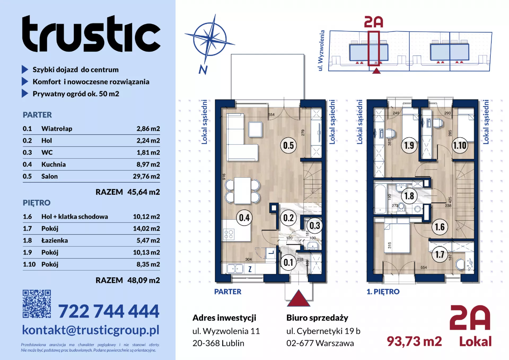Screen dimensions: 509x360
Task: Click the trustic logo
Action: click(91, 33)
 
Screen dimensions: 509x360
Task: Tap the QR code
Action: click(37, 304)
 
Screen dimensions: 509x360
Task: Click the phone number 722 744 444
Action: click(109, 311)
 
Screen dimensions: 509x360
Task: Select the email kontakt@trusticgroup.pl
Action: click(91, 330)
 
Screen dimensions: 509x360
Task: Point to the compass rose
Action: click(210, 40)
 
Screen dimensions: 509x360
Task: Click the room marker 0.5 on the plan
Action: click(288, 145)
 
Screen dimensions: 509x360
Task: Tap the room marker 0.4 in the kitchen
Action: click(244, 218)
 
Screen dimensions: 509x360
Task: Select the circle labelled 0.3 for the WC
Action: click(315, 226)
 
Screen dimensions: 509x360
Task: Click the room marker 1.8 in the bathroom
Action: click(409, 196)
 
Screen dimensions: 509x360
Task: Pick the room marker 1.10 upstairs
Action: click(460, 145)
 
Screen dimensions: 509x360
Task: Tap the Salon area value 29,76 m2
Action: click(146, 176)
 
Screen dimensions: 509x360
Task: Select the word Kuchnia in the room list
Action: click(54, 164)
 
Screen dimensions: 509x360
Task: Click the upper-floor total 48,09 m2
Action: click(143, 280)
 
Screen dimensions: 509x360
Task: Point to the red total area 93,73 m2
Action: click(414, 341)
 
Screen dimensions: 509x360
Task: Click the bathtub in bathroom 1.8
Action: click(380, 199)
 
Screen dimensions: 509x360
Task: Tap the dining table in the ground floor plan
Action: click(242, 191)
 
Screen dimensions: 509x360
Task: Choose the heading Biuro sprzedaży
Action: click(317, 318)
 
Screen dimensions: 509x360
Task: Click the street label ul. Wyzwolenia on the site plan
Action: click(321, 50)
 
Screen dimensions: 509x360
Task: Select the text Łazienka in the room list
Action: click(55, 240)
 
